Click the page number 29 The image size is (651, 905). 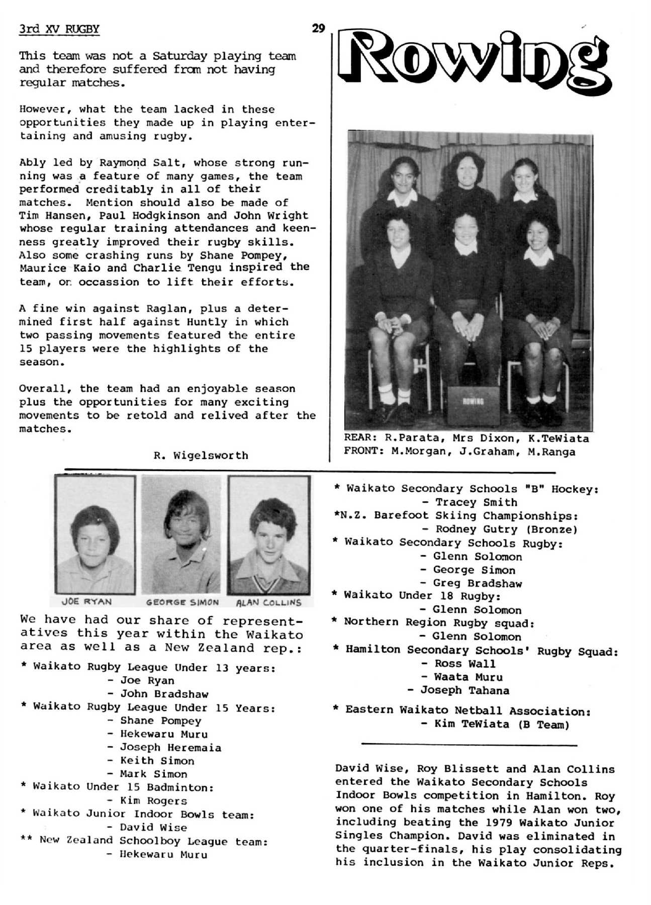point(318,28)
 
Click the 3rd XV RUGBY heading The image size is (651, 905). point(59,29)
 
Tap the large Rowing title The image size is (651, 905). point(474,59)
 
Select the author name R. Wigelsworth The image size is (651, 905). point(201,456)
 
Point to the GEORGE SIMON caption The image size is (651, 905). point(182,602)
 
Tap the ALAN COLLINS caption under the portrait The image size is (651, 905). point(268,602)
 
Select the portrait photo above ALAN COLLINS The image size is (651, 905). point(269,535)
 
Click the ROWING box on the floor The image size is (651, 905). point(473,404)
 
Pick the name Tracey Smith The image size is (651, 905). point(476,502)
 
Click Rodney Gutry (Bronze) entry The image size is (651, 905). point(499,529)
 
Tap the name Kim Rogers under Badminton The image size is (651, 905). point(153,800)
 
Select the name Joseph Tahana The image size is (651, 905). point(464,690)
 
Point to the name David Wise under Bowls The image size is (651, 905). point(153,827)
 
